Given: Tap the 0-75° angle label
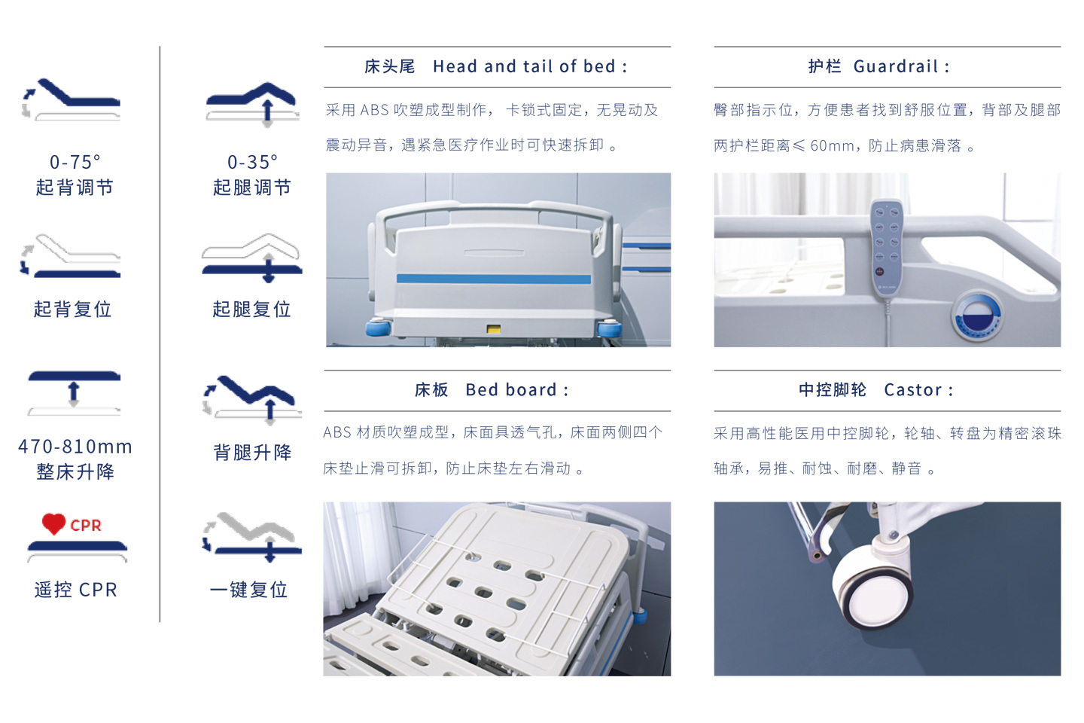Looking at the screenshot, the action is click(75, 162).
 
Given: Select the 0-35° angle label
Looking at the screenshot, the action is click(253, 162).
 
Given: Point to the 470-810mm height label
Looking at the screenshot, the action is click(75, 447).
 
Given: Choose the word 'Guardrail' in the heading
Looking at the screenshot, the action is click(896, 66).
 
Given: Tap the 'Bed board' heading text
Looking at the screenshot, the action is click(511, 390).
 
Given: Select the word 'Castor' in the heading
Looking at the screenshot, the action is click(912, 390).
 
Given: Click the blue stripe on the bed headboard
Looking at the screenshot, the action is click(494, 279).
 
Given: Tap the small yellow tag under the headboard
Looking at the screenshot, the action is click(494, 329).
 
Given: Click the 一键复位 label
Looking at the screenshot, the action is click(248, 590).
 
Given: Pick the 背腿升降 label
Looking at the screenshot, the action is click(253, 453).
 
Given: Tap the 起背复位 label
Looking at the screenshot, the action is click(72, 309).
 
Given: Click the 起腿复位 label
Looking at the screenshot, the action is click(251, 309).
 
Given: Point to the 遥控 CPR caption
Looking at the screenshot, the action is click(76, 590).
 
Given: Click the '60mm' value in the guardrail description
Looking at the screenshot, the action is click(832, 146).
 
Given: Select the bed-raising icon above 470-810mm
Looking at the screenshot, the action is click(74, 392).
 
